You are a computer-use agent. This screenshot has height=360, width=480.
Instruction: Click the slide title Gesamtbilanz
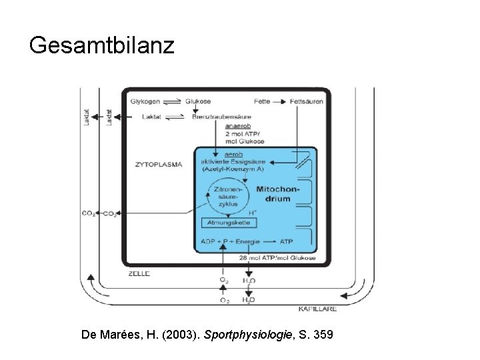click(x=102, y=46)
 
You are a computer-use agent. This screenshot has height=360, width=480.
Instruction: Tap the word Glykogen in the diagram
click(x=145, y=101)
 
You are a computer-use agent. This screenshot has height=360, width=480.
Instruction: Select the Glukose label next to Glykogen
click(x=198, y=101)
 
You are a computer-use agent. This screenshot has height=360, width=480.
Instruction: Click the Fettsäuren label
click(x=306, y=101)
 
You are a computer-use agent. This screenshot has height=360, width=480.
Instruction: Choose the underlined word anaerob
click(x=238, y=125)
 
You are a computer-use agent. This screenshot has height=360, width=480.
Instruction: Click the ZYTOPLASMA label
click(x=159, y=162)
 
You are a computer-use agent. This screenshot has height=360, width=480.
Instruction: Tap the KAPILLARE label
click(x=317, y=309)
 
